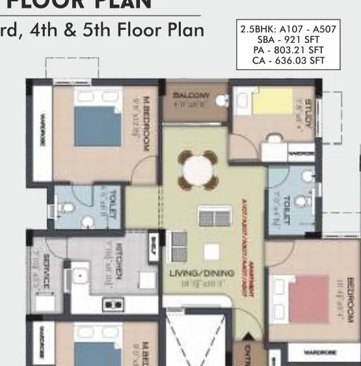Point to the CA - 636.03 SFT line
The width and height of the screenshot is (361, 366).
tap(282, 61)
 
